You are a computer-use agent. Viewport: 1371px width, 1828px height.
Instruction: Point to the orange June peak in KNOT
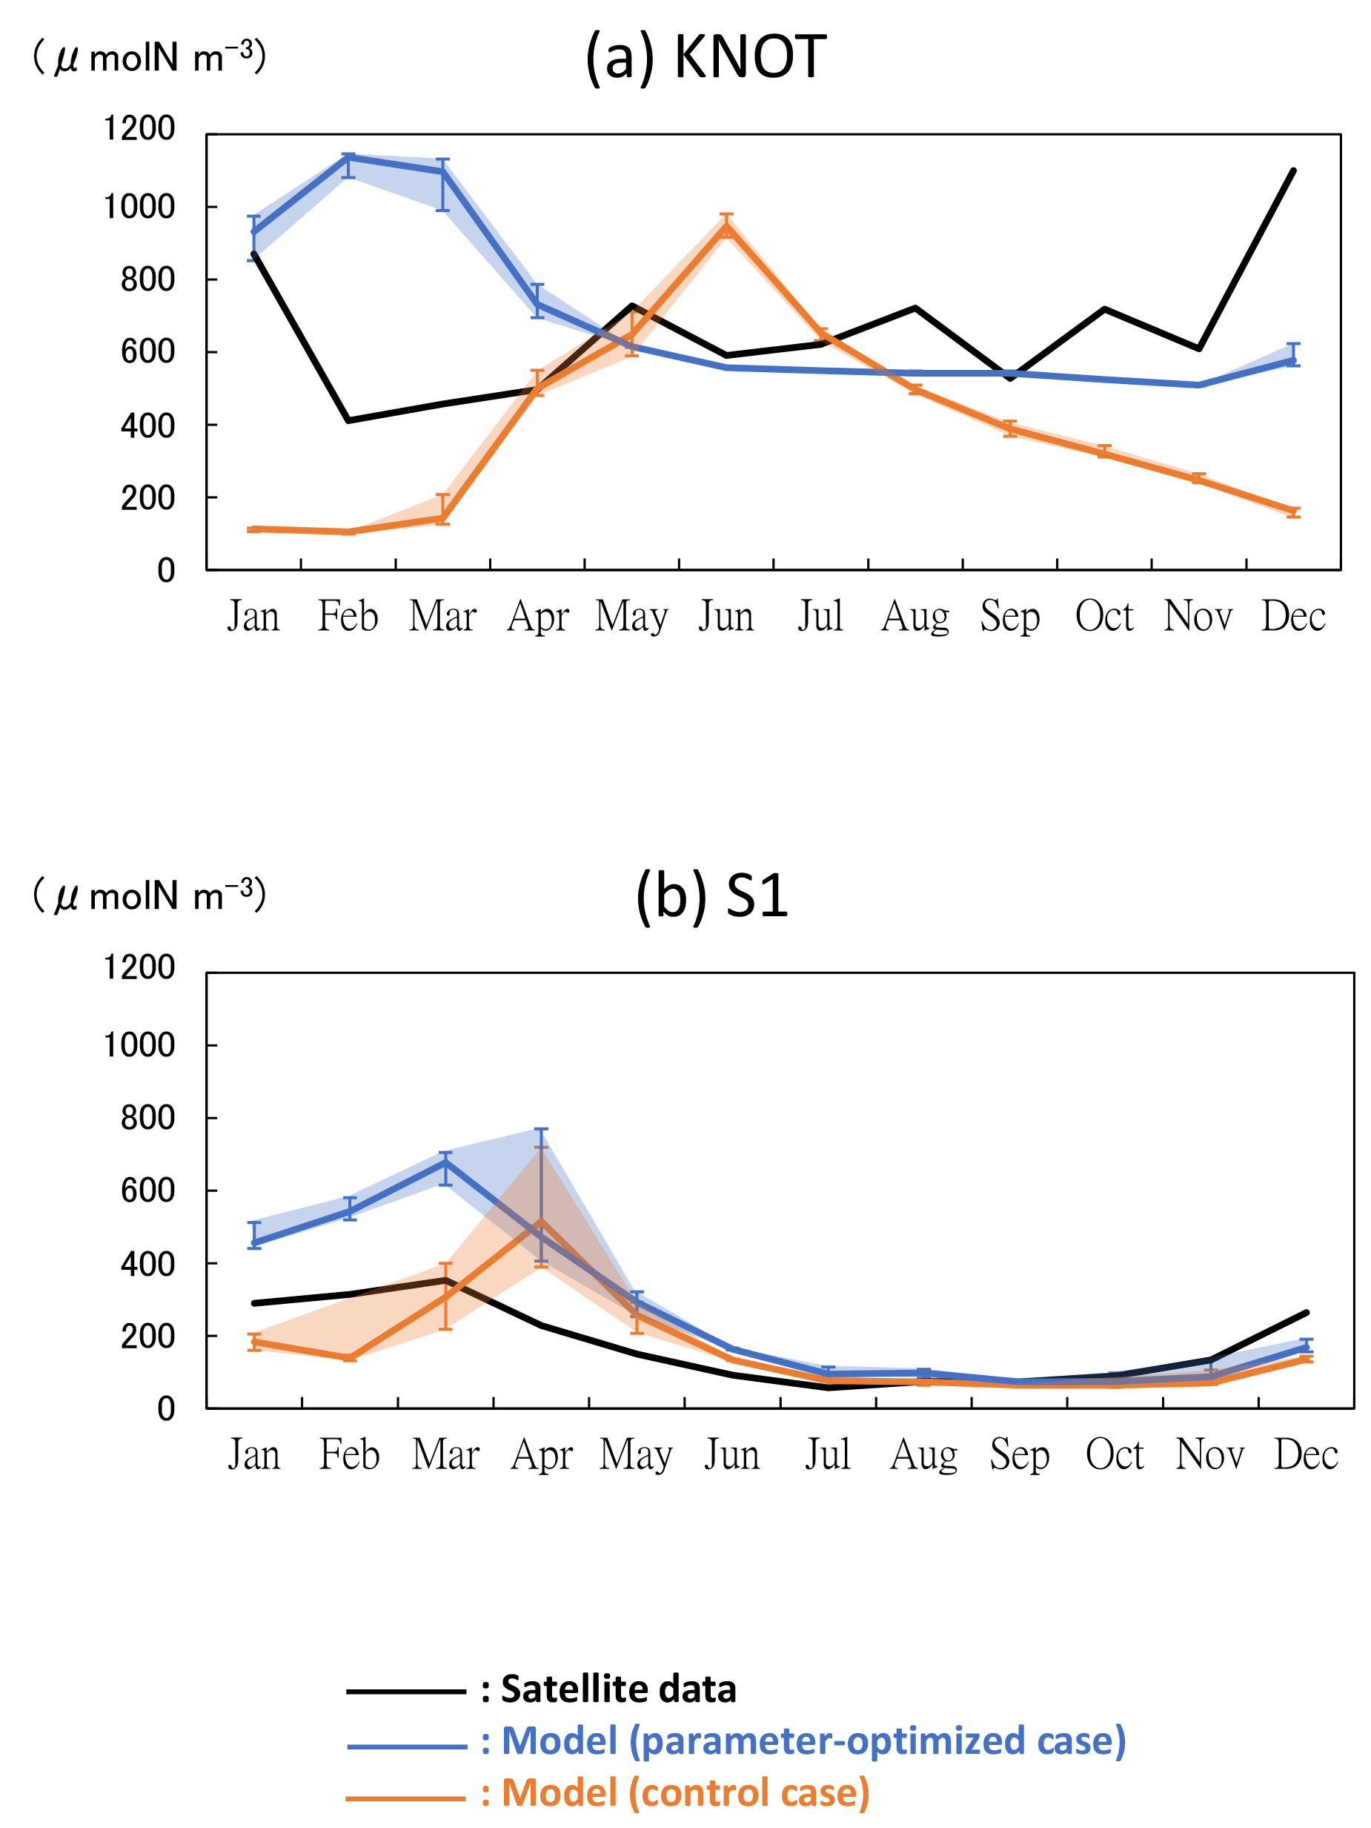click(x=726, y=228)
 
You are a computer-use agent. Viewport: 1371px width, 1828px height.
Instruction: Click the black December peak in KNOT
click(x=1292, y=170)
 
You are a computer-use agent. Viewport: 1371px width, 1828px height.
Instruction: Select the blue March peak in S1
click(x=445, y=1161)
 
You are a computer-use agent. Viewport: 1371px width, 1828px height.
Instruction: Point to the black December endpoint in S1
click(x=1306, y=1312)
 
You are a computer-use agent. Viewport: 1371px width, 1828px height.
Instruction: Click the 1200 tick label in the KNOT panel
click(x=139, y=129)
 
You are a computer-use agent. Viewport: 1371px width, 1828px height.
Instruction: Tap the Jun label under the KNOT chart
click(x=726, y=617)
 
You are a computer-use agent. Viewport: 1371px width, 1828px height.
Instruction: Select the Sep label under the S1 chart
click(x=1019, y=1455)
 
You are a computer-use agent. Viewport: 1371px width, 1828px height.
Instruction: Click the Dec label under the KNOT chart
click(x=1292, y=617)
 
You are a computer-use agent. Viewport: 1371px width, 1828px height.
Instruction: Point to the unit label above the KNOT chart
click(x=149, y=58)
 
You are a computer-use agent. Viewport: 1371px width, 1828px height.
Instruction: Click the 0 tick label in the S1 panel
click(x=166, y=1409)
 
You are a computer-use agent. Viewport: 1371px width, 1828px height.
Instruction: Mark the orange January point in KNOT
click(x=253, y=529)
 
